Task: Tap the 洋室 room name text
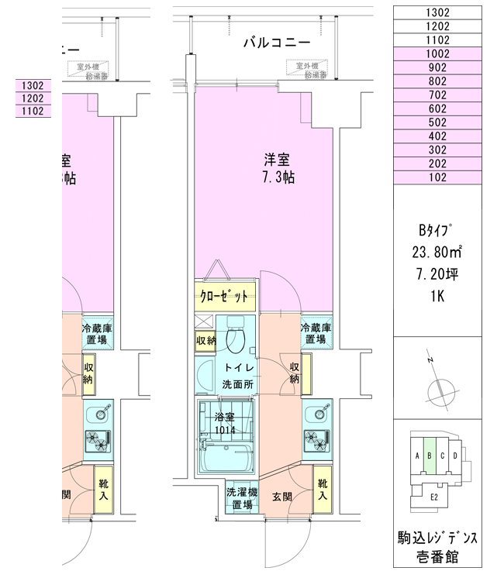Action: tap(277, 161)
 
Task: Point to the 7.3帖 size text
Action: tap(277, 177)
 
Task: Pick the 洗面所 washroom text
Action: tap(238, 384)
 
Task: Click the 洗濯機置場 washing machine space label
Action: tap(238, 497)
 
